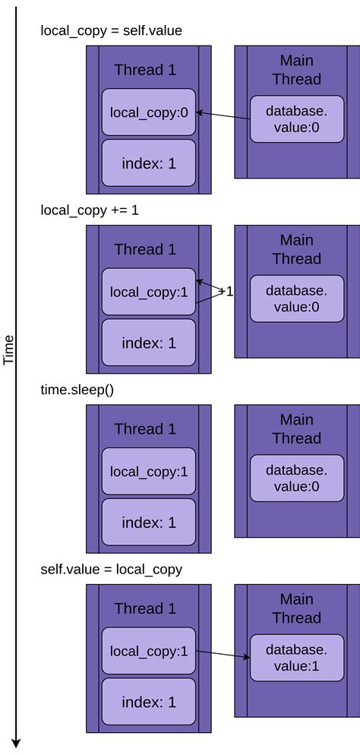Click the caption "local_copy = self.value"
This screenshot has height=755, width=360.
(111, 30)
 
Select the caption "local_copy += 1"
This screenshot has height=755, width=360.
(90, 210)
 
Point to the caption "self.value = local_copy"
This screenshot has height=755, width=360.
(111, 569)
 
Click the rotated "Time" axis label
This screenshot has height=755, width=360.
(9, 349)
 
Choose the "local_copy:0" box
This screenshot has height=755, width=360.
(149, 112)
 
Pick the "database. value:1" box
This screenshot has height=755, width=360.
(296, 659)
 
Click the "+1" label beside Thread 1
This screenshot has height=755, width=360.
(226, 291)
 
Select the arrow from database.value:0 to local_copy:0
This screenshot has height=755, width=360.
(224, 116)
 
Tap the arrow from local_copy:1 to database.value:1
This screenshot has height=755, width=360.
(224, 655)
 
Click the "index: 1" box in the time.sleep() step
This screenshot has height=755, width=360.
(149, 523)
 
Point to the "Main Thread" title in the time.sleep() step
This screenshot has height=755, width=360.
(296, 428)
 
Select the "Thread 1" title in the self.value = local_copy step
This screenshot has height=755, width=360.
(145, 608)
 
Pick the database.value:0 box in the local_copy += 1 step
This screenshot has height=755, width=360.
(296, 299)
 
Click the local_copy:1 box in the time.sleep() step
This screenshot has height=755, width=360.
(149, 472)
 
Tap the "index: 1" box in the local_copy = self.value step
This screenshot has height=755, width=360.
(149, 163)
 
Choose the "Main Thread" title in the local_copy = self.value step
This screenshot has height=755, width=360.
(296, 69)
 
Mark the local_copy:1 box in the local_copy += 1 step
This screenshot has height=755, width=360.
(149, 292)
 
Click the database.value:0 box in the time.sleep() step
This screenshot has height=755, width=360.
(296, 479)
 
